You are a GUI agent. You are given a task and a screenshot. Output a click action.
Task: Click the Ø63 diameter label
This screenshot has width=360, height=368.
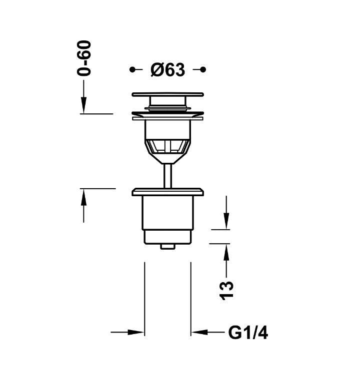click(167, 70)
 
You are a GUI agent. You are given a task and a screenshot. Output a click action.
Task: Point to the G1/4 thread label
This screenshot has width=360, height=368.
click(248, 333)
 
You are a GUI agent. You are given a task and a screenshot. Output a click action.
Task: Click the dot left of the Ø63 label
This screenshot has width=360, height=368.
click(132, 70)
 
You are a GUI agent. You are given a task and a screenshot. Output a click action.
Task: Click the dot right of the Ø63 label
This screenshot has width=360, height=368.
click(203, 70)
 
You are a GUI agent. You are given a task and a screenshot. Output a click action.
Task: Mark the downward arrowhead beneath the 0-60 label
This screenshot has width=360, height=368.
click(84, 105)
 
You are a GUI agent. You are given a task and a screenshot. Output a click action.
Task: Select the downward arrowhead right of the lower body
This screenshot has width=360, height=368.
click(226, 222)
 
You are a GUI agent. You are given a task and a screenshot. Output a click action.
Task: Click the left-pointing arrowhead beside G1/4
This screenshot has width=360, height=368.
click(199, 333)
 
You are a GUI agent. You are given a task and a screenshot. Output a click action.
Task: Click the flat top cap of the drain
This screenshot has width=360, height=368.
click(167, 94)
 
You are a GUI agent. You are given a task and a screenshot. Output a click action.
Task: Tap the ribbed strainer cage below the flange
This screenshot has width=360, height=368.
click(167, 146)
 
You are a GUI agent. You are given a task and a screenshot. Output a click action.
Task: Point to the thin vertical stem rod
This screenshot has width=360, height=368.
click(167, 176)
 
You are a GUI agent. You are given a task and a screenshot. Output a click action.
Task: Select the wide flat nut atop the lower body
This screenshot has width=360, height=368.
click(167, 192)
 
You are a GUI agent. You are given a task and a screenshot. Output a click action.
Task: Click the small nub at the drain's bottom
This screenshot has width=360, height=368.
click(167, 246)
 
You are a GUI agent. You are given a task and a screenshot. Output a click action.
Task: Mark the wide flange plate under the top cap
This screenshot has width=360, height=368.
click(167, 117)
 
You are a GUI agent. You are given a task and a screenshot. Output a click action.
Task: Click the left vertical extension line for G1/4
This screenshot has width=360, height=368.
click(144, 300)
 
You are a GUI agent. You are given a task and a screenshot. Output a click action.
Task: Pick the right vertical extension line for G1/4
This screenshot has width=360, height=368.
click(191, 300)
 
